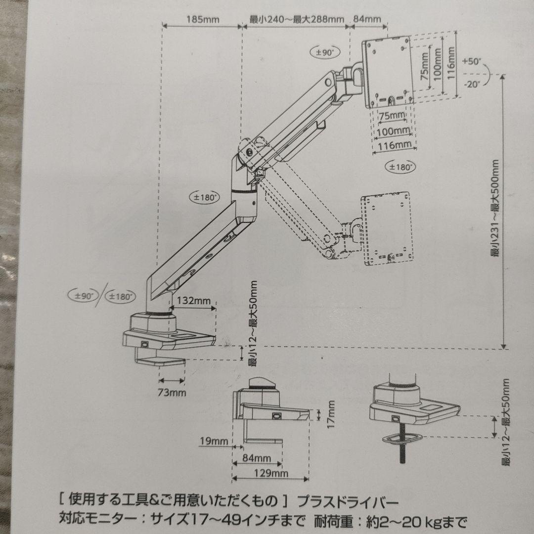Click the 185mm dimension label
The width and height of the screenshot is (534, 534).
coord(203,20)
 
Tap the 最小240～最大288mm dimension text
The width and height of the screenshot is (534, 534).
coord(296,20)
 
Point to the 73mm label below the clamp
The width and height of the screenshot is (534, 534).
coord(173,393)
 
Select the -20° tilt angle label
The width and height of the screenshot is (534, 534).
coord(472,84)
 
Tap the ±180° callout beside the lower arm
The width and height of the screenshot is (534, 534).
coord(203,196)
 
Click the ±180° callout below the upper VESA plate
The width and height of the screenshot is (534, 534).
coord(400,167)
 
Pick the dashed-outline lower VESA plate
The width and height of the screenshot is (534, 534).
coord(387,228)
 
